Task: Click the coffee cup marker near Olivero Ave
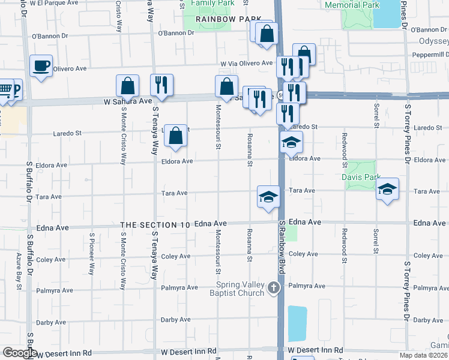click(x=41, y=66)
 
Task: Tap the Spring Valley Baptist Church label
click(x=241, y=289)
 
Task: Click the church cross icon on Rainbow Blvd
click(x=274, y=288)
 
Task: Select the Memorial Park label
click(x=352, y=5)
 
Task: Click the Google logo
click(x=19, y=353)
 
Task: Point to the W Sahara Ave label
click(x=128, y=101)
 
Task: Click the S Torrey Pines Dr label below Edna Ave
click(x=408, y=289)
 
